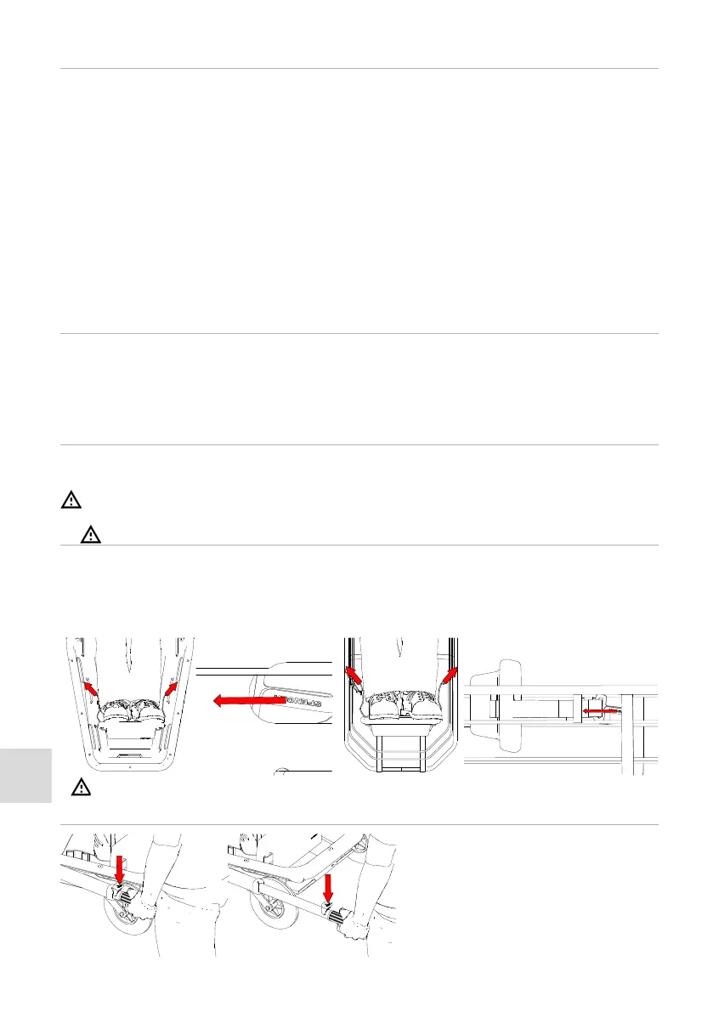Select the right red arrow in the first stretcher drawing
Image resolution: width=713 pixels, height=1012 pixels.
click(171, 686)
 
